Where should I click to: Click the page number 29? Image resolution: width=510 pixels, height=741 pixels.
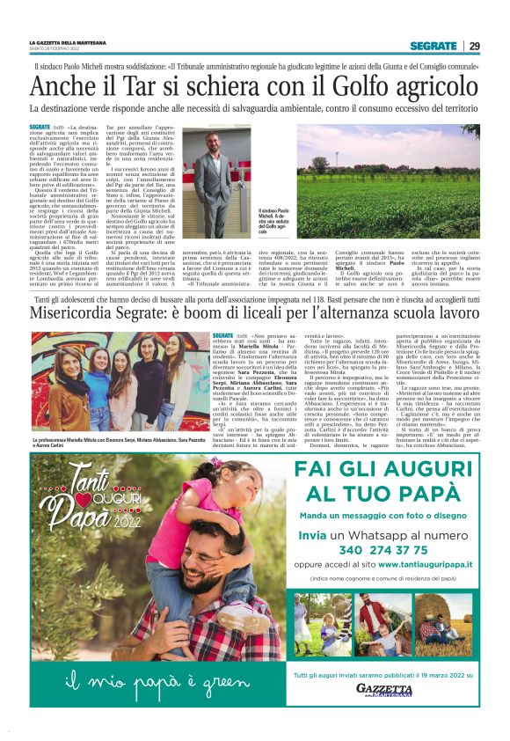(x=474, y=46)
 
